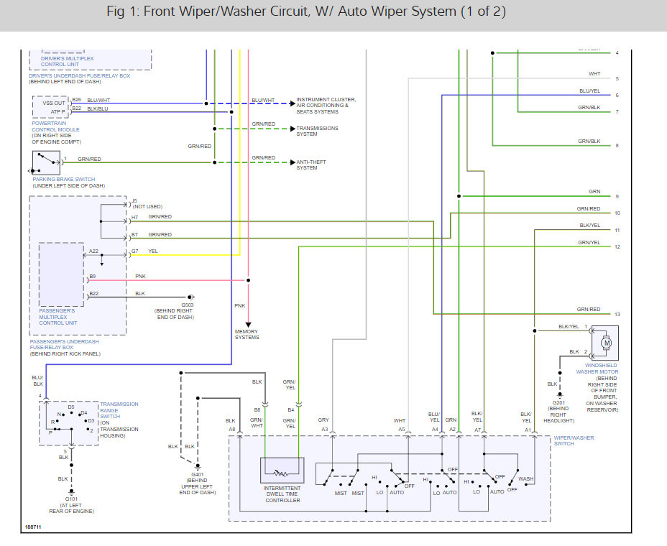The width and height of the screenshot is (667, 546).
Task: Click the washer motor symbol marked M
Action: click(x=606, y=343)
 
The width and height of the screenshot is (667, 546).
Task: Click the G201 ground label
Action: click(x=560, y=402)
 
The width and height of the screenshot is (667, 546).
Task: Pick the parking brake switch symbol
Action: click(x=45, y=163)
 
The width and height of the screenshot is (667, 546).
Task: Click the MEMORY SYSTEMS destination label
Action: click(x=247, y=334)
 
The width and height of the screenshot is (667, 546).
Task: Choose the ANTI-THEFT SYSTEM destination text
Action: click(x=307, y=165)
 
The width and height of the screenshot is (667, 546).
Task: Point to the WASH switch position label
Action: click(x=525, y=479)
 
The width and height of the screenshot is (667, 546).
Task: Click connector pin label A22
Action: click(x=94, y=251)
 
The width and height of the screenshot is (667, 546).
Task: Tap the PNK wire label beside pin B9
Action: click(x=140, y=276)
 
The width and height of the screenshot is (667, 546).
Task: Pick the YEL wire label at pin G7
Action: click(x=153, y=251)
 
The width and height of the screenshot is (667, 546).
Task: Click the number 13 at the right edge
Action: click(x=617, y=315)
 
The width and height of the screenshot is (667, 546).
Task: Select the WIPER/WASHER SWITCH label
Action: click(x=574, y=440)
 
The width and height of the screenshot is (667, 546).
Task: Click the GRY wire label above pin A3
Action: click(x=323, y=420)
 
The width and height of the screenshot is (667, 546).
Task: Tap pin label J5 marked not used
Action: click(x=134, y=200)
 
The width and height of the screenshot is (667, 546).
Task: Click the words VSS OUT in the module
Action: click(x=53, y=103)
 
